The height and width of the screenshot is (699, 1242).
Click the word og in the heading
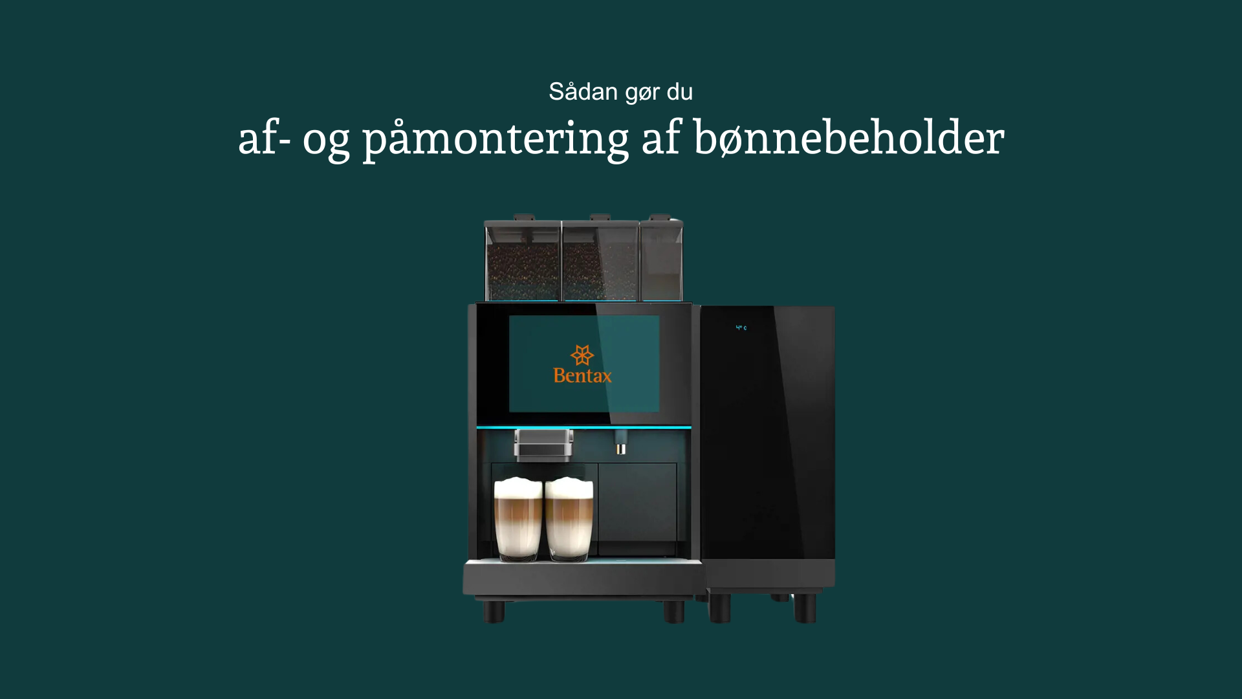326,142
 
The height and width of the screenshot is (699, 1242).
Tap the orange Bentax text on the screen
582,375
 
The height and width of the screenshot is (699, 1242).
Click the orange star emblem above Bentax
582,355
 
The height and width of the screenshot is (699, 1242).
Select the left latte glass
518,519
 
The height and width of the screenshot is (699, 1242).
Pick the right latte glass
569,519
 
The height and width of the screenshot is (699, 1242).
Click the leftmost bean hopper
523,259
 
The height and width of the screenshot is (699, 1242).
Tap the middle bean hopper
600,259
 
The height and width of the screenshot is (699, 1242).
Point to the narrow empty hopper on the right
661,259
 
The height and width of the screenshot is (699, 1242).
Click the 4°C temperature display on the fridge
741,328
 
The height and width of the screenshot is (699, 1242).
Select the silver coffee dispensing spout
543,445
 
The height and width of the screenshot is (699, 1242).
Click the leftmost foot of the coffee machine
494,612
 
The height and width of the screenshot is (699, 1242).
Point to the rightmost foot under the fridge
805,608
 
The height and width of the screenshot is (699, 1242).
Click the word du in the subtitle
680,92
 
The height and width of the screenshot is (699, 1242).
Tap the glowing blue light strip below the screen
583,427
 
